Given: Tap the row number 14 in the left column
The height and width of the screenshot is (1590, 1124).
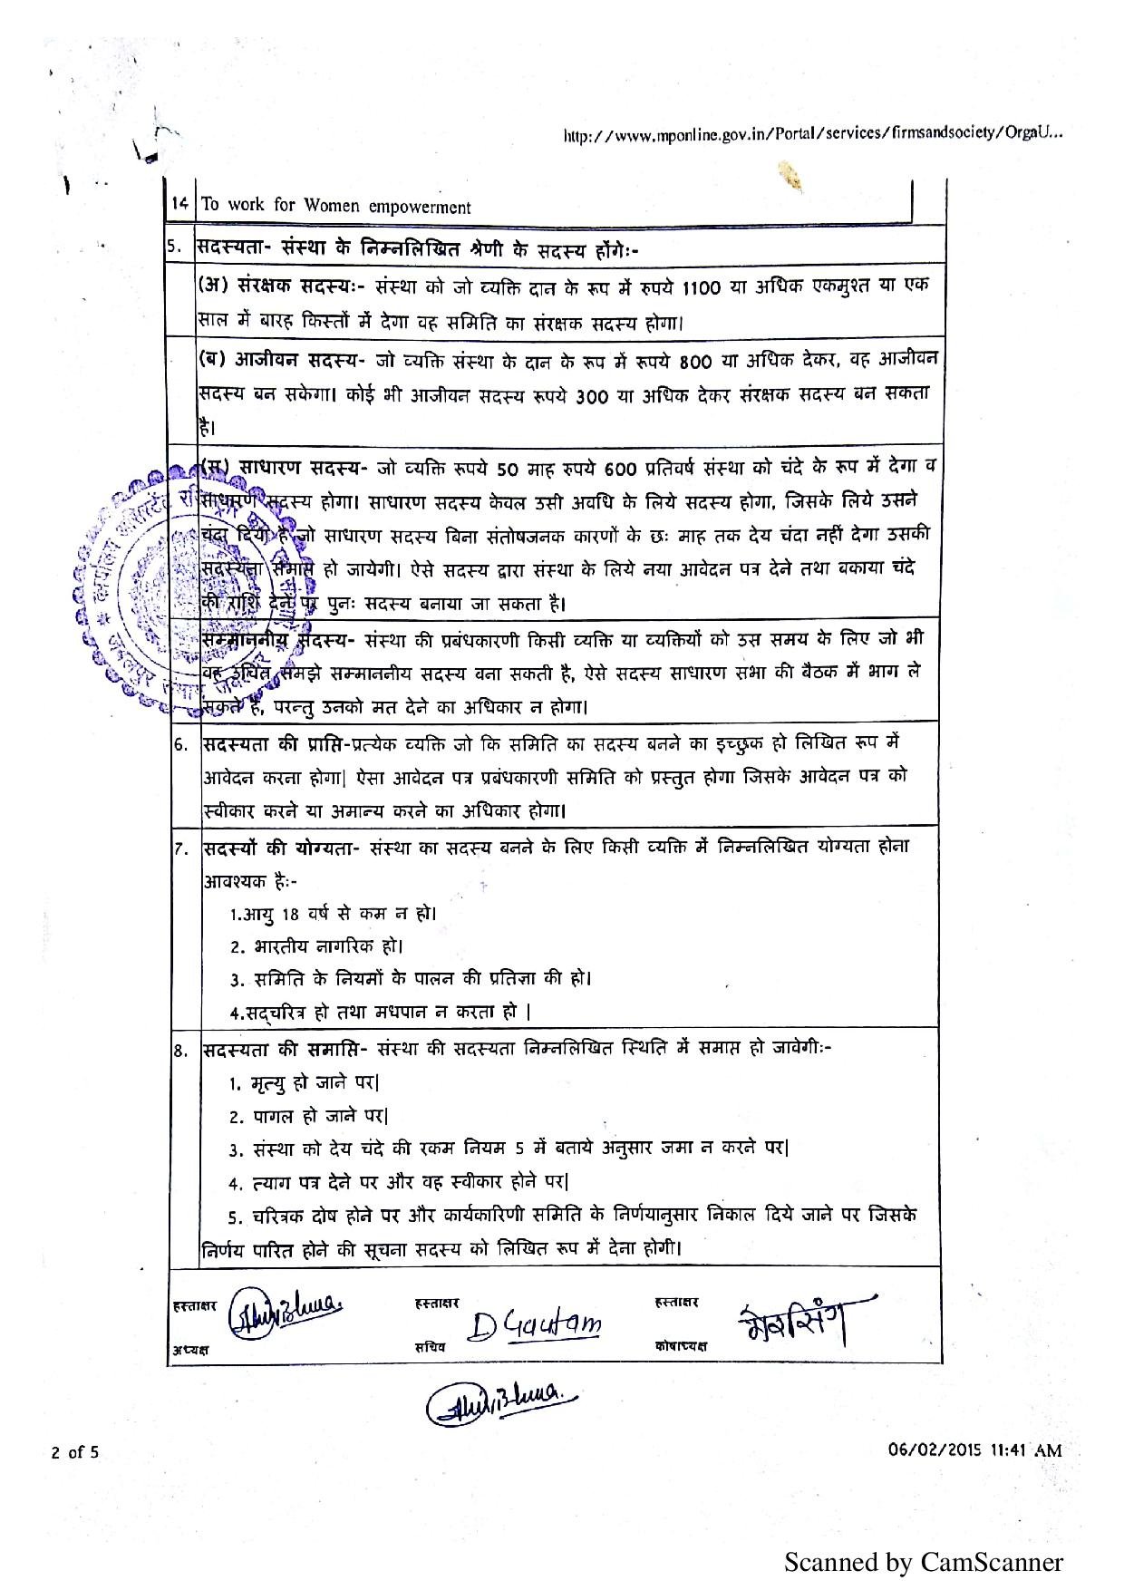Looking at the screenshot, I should (179, 204).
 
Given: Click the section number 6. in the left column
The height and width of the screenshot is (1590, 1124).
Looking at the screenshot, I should (180, 745).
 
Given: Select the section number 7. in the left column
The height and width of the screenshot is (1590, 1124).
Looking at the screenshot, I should (180, 849).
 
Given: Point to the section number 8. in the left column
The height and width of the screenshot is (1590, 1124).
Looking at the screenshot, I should (180, 1052).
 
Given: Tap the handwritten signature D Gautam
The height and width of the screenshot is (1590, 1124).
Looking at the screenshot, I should (535, 1324).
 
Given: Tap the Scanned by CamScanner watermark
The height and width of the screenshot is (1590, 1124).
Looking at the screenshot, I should (923, 1562).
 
